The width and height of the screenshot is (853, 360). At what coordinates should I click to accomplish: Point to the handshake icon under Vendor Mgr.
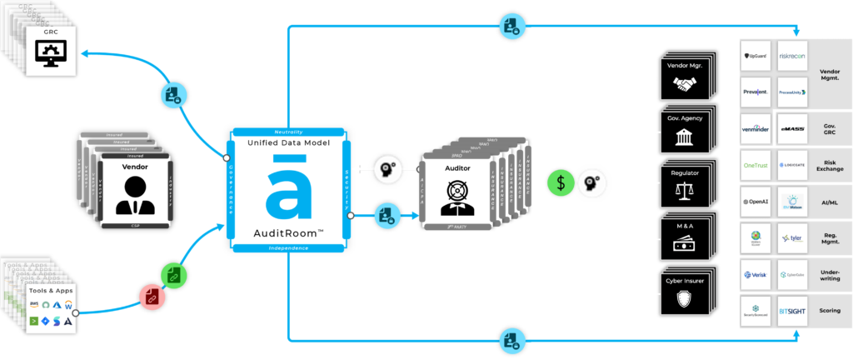[686, 86]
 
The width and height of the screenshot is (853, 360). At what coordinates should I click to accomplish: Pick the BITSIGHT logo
[793, 310]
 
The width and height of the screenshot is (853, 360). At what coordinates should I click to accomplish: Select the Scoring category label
[830, 310]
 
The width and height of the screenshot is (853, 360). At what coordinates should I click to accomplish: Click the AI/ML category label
[830, 202]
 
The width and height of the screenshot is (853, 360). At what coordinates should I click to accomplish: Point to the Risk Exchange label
[830, 165]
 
